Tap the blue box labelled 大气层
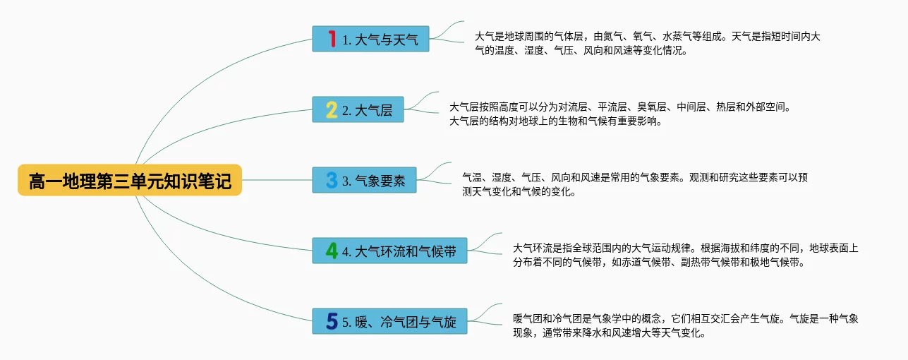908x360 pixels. point(358,110)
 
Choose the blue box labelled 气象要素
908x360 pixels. point(365,181)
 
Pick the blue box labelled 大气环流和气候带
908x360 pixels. point(390,251)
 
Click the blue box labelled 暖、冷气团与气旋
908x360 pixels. point(390,322)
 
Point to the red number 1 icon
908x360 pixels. point(332,39)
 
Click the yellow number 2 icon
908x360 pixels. point(332,109)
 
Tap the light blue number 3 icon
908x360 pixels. point(332,180)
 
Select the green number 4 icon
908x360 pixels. point(332,251)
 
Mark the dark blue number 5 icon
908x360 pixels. point(332,321)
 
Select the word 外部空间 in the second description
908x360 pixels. point(770,107)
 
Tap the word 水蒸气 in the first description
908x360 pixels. point(679,36)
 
